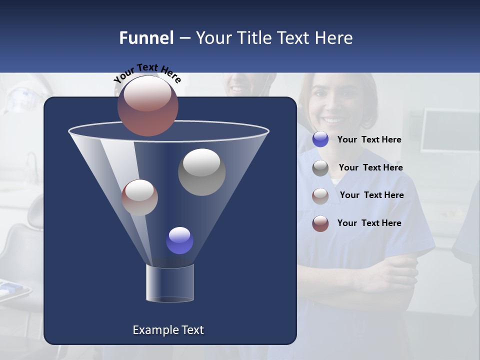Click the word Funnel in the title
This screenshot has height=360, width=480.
(146, 38)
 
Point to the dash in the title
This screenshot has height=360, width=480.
(184, 38)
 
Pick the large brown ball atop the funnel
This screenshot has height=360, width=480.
(147, 106)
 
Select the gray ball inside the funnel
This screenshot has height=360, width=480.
(201, 172)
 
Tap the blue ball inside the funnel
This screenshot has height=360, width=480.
(179, 240)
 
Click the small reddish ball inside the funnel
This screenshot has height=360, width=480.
(139, 197)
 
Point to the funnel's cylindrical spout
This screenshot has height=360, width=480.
(169, 283)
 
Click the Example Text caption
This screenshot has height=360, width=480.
(168, 330)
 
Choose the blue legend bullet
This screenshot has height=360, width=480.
(320, 139)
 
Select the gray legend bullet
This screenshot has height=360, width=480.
(320, 168)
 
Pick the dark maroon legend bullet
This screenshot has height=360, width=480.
(320, 223)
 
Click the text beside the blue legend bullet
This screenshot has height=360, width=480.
(369, 139)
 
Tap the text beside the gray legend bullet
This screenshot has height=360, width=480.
(370, 167)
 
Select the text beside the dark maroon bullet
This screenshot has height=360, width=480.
(369, 223)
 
